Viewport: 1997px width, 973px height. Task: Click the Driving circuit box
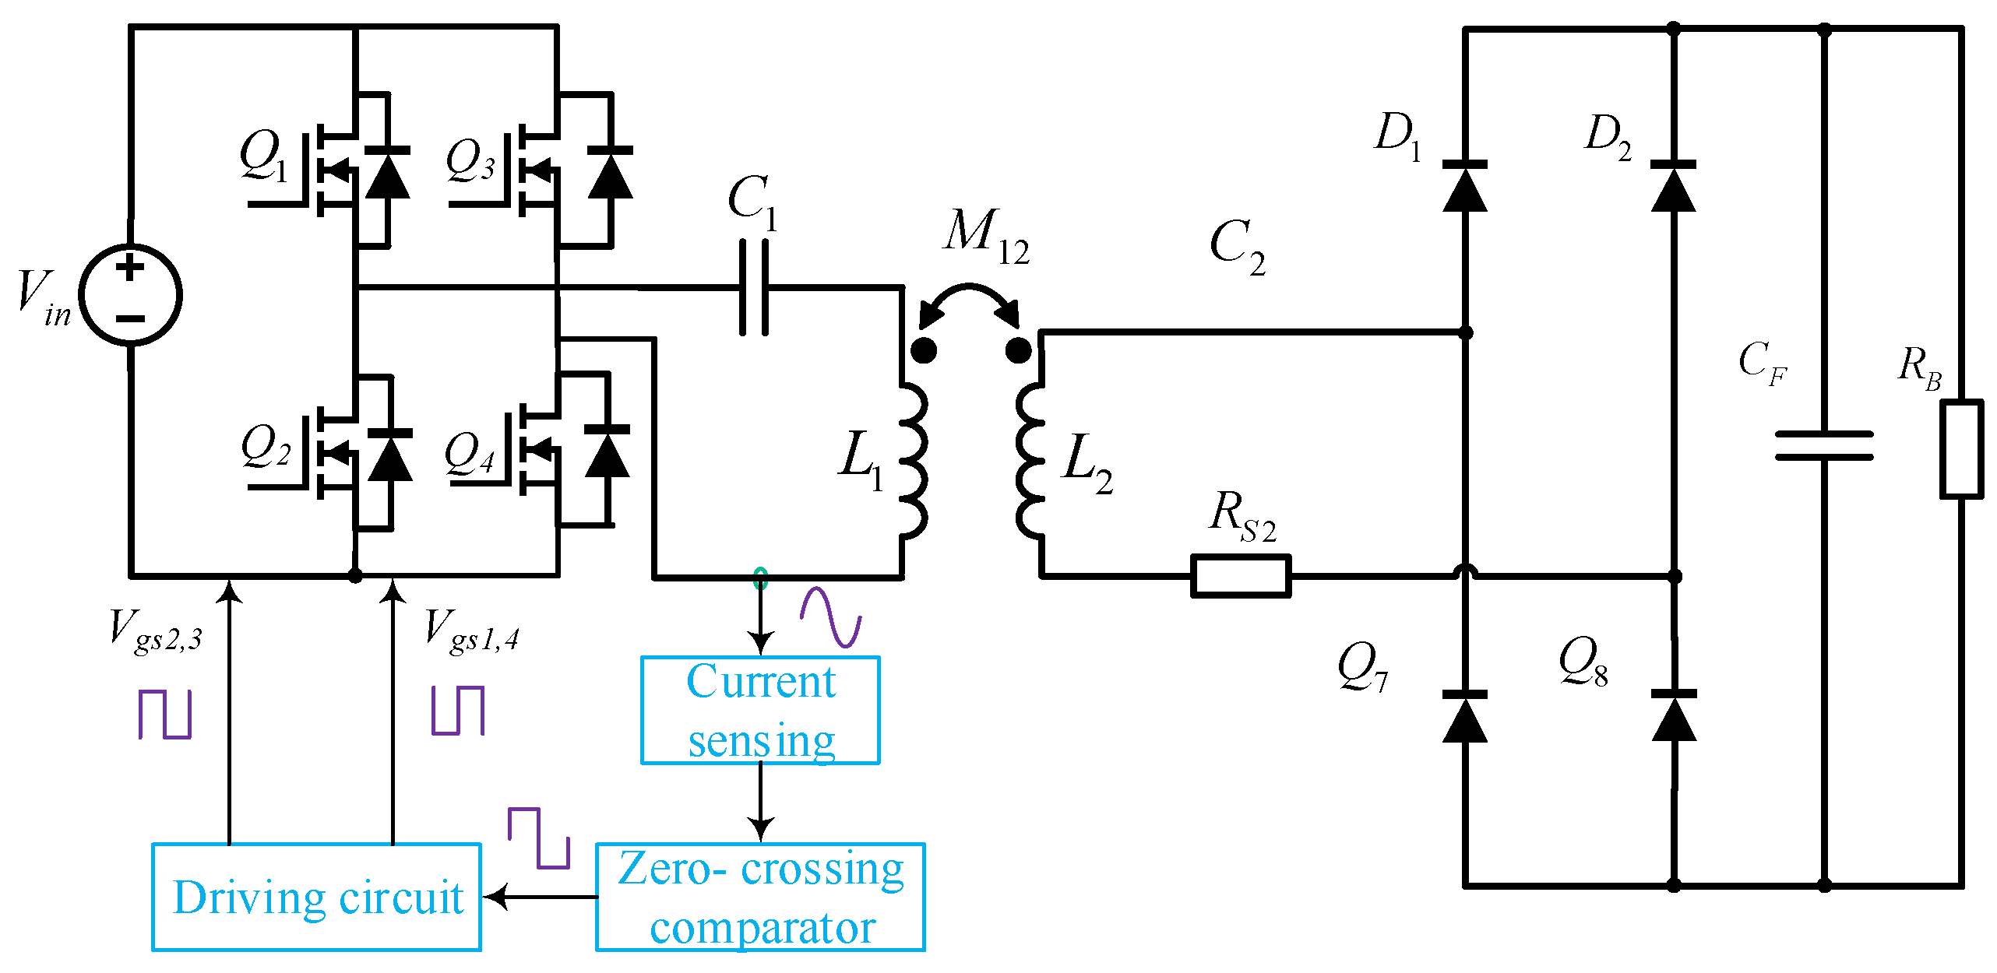tap(316, 897)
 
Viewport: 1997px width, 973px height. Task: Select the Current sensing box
tap(760, 710)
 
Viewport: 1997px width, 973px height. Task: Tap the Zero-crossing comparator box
tap(760, 897)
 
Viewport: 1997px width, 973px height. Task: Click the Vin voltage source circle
tap(131, 295)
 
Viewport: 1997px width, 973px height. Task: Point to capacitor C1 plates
tap(753, 288)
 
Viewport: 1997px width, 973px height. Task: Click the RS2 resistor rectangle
tap(1241, 576)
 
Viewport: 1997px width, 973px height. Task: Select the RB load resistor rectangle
tap(1960, 449)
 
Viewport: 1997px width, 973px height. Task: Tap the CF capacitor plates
tap(1823, 445)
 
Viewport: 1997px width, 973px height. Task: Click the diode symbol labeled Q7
tap(1464, 717)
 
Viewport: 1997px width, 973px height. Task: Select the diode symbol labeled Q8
tap(1673, 717)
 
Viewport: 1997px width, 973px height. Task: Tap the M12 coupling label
tap(985, 236)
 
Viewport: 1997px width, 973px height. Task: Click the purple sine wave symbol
tap(830, 616)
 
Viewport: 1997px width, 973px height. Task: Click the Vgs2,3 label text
tap(156, 632)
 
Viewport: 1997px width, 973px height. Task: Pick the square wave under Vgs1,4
tap(458, 710)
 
